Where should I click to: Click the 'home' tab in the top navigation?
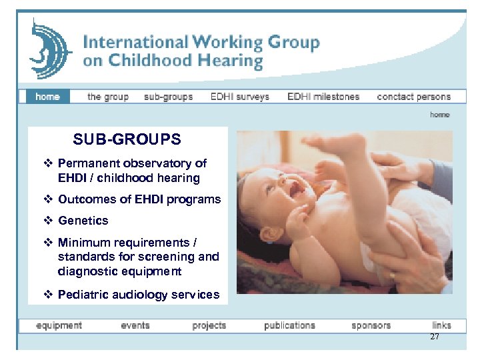[47, 97]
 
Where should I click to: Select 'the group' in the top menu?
[108, 97]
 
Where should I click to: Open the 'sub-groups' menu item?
[168, 97]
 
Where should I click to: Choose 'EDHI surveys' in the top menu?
[239, 97]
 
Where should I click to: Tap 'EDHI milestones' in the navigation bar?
[323, 97]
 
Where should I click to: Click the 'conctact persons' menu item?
[413, 97]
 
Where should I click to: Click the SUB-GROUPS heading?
[127, 140]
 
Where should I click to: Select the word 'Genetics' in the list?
[83, 221]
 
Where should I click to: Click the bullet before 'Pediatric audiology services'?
[47, 295]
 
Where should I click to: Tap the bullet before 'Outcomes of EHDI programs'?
[47, 199]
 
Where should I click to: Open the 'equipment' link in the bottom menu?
[59, 326]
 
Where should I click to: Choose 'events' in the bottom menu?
[135, 326]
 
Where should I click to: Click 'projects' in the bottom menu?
[209, 326]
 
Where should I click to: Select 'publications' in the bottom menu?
[289, 326]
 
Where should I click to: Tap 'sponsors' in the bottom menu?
[371, 326]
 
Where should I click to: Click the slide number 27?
[435, 337]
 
